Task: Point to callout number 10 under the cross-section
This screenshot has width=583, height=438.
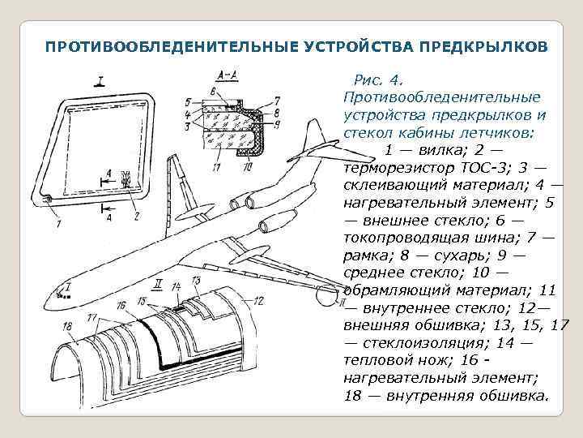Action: [x=247, y=168]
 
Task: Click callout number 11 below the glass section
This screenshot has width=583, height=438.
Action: [x=214, y=168]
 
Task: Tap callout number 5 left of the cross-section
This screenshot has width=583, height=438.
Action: [x=187, y=102]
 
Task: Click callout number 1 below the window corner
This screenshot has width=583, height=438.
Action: [x=57, y=222]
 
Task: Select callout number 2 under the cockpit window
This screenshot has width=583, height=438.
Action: [x=137, y=216]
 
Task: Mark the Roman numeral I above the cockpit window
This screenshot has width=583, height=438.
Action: [x=100, y=79]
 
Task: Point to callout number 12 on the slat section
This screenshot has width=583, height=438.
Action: [x=258, y=300]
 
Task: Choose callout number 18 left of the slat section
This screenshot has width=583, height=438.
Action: [x=66, y=326]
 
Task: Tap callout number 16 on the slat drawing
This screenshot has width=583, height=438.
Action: [x=121, y=306]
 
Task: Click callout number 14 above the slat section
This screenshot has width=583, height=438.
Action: [x=177, y=288]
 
